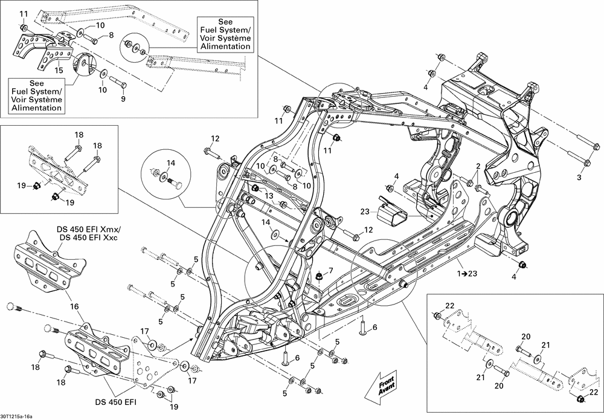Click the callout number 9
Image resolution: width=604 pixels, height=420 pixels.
pos(123,99)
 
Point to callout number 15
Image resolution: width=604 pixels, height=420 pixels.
pos(59,70)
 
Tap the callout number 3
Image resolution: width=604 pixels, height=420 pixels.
pos(579,177)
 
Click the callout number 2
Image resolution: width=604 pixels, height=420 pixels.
pos(478,166)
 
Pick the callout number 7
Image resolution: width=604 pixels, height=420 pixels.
pos(330,270)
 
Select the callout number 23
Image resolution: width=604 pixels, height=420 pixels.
pos(365,212)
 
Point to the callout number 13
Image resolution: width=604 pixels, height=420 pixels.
pos(269,196)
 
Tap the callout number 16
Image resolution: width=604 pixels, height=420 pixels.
pos(74,306)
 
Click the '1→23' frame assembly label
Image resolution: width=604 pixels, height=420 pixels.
pos(467,274)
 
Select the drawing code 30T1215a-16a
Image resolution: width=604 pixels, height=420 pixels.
pos(16,416)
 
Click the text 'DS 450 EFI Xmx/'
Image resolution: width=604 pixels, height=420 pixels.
pos(88,229)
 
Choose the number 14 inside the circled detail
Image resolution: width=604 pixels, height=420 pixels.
pos(171,163)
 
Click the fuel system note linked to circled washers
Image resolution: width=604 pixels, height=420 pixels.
pos(225,34)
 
